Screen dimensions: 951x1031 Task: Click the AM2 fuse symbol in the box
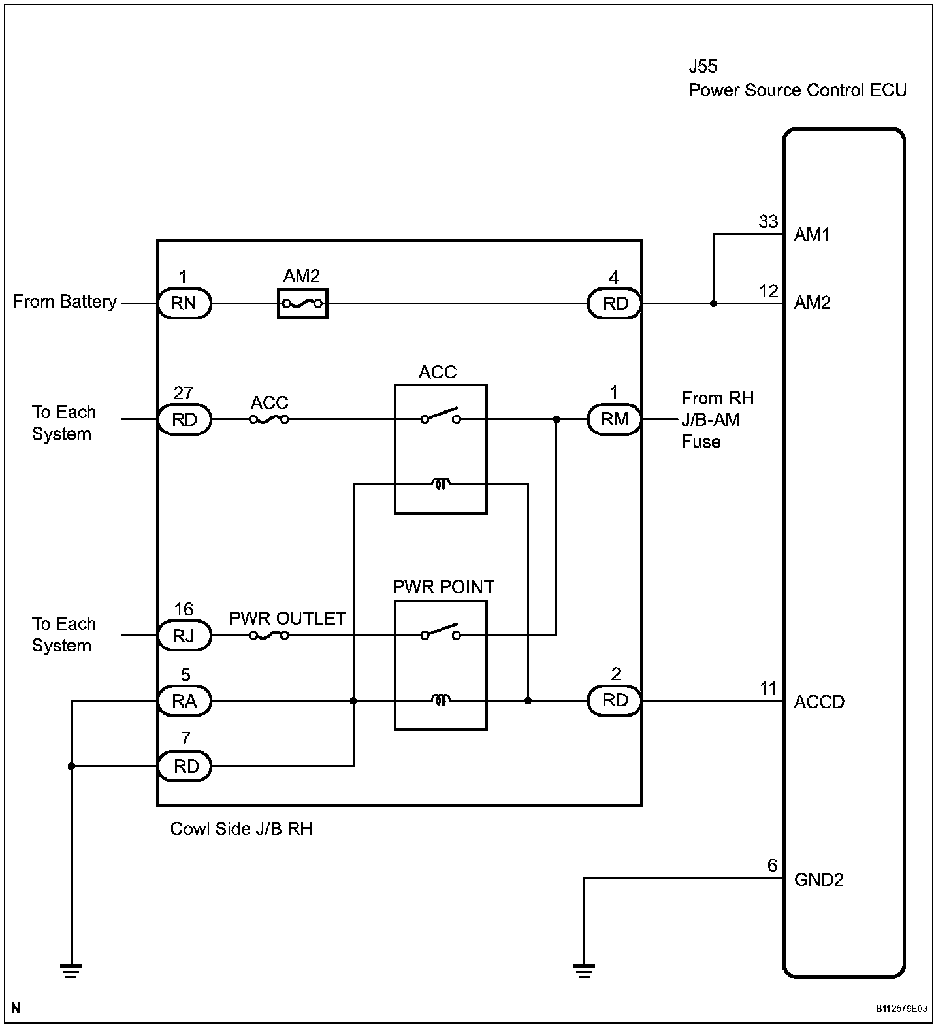point(302,303)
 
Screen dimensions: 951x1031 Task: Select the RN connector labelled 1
point(184,303)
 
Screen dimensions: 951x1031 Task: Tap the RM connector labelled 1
point(614,419)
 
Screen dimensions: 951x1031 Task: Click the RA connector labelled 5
point(184,701)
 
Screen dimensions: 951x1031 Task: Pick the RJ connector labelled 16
point(184,635)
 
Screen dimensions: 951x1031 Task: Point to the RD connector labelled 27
point(184,419)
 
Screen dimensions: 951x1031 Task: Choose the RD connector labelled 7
point(184,766)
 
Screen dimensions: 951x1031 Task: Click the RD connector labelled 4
point(614,303)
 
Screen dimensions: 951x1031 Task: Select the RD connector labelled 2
point(614,701)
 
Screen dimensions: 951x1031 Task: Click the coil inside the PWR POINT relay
point(441,700)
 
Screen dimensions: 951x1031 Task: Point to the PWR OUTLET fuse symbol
point(269,634)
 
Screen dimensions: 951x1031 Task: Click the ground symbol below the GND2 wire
point(584,970)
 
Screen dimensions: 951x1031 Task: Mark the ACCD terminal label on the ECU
point(819,702)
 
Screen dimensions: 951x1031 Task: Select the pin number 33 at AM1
point(768,221)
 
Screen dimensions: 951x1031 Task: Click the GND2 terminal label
point(819,879)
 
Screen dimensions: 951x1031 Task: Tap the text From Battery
point(65,302)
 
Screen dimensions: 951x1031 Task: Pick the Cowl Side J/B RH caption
point(241,828)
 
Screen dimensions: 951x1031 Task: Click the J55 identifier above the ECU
point(703,67)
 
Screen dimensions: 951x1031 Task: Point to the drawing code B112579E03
point(902,1009)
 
